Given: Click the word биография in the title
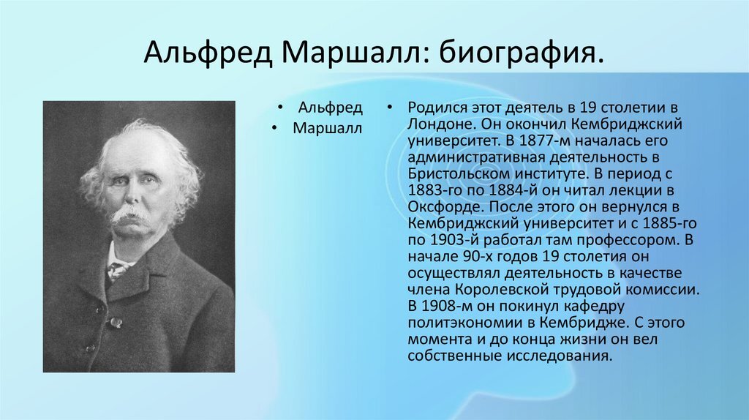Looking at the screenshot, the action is [522, 53].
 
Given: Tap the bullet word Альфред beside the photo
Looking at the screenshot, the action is [330, 108].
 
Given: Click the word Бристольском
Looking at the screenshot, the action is [459, 174].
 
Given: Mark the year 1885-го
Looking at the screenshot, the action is [670, 224].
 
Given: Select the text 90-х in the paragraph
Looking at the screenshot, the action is [478, 257].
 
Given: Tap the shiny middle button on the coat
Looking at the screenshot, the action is [115, 323].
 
